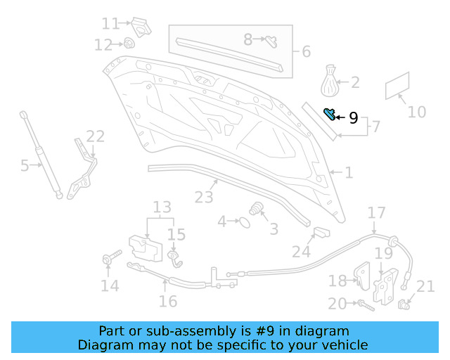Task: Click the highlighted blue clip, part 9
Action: [328, 114]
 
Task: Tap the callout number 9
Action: [353, 118]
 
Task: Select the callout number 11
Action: [110, 24]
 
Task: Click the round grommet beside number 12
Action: [130, 44]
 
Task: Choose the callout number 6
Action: [306, 51]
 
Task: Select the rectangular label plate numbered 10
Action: [397, 86]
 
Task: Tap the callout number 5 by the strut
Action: [25, 166]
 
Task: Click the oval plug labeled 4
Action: [244, 222]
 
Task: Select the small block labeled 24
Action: [320, 233]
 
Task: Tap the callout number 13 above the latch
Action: [162, 207]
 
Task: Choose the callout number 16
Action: [167, 301]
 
